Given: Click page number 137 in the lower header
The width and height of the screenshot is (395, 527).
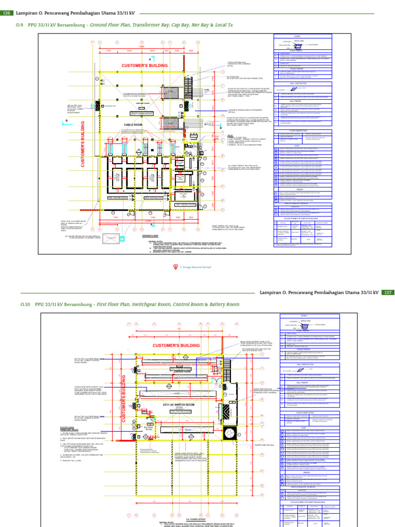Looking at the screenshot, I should point(388,292).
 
